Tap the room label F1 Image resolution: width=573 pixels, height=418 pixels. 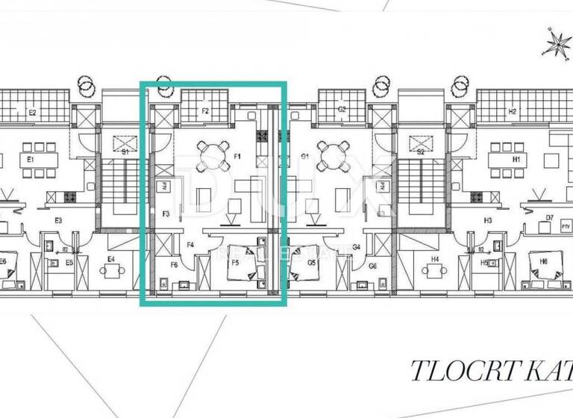(x=237, y=157)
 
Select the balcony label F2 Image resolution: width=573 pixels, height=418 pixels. (x=204, y=112)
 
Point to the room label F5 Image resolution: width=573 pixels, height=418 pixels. (x=235, y=263)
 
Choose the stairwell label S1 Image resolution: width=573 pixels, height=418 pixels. (x=125, y=152)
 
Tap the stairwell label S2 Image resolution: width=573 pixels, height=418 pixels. (x=421, y=152)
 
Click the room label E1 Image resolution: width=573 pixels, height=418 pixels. (x=31, y=160)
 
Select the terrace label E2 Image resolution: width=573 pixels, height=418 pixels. (x=33, y=113)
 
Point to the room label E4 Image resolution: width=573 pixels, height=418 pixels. (x=110, y=259)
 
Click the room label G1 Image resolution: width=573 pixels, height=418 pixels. (x=305, y=157)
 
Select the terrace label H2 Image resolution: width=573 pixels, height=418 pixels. (x=512, y=112)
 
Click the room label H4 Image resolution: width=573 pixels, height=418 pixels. (x=435, y=260)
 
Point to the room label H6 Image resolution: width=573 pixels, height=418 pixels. (x=543, y=261)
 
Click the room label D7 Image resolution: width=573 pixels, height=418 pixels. (x=550, y=218)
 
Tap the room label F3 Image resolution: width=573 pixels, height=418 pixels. (x=166, y=215)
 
